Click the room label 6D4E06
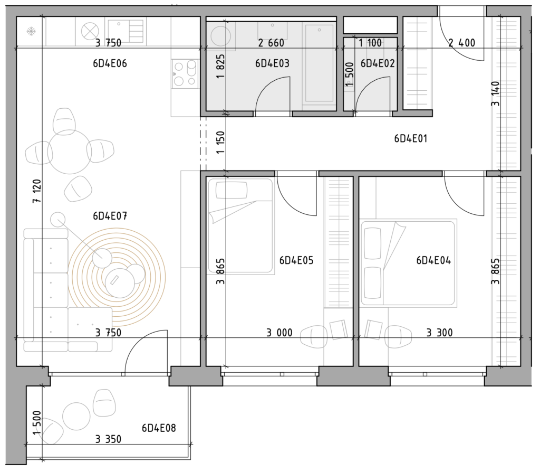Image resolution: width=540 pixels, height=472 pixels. click(110, 63)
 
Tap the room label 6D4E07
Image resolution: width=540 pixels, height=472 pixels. click(110, 216)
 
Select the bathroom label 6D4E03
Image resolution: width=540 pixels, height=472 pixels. click(272, 63)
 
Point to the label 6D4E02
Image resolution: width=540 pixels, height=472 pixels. click(378, 63)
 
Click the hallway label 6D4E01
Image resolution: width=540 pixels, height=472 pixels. click(410, 139)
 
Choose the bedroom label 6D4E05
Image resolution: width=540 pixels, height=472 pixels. click(296, 260)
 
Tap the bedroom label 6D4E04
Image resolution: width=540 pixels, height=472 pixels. click(433, 260)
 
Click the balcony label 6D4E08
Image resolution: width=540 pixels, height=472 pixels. click(159, 428)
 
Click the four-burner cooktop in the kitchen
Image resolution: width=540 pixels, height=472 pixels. click(185, 73)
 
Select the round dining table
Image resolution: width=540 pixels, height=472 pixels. click(70, 152)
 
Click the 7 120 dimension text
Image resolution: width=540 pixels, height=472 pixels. click(37, 191)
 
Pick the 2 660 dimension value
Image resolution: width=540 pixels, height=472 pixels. click(271, 43)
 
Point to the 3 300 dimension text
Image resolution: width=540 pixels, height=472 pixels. click(439, 333)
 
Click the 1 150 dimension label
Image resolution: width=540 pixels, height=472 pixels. click(220, 142)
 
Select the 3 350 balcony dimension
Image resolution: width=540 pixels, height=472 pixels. click(108, 439)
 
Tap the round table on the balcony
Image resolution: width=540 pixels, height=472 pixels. click(76, 417)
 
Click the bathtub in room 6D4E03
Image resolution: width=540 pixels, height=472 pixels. click(319, 63)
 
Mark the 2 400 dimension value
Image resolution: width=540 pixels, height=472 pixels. click(462, 43)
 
